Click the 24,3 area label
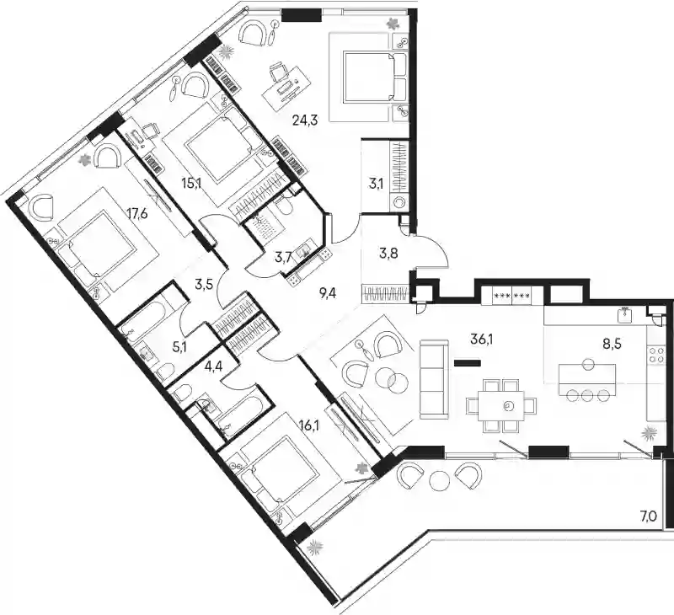305,120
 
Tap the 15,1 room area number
191,184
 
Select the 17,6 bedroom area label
137,213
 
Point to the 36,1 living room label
481,340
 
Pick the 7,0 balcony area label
649,516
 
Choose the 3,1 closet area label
376,184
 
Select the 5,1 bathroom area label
179,346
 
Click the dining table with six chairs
501,405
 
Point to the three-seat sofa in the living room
434,378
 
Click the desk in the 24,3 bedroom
286,88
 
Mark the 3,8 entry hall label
388,253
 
